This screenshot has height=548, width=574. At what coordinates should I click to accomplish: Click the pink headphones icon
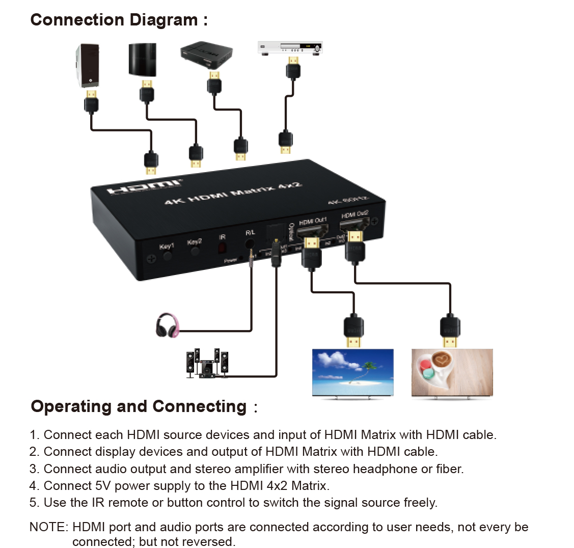[x=168, y=325]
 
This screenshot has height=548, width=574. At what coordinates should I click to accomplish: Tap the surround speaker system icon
[x=207, y=364]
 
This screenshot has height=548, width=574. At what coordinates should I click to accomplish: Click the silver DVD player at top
[x=290, y=47]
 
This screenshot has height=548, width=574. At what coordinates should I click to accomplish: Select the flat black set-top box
[x=206, y=54]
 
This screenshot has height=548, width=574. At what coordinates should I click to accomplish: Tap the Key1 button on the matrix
[x=167, y=253]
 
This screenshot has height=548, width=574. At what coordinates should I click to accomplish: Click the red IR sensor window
[x=223, y=248]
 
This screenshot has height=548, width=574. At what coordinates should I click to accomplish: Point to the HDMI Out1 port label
[x=312, y=221]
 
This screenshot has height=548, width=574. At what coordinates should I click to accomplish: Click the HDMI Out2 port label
[x=354, y=215]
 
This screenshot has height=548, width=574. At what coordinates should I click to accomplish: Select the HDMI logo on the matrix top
[x=144, y=186]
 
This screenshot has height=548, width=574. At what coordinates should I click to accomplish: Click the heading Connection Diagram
[x=119, y=20]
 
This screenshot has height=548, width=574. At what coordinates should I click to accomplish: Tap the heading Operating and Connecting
[x=139, y=406]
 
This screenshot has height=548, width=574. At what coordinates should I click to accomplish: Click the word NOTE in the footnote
[x=48, y=527]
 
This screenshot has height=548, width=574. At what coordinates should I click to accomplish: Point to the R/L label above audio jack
[x=250, y=232]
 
